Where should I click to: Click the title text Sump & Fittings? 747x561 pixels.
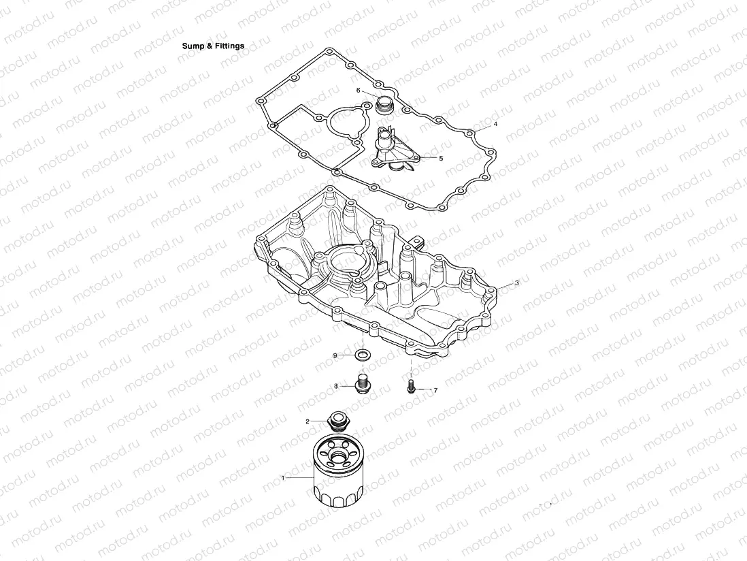tap(213, 46)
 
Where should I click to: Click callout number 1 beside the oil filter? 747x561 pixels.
tap(283, 478)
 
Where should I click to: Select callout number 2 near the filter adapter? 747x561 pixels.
tap(307, 421)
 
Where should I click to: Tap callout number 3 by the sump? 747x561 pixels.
tap(516, 282)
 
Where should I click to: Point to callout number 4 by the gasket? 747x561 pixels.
tap(495, 125)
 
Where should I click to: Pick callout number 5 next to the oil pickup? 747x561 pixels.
tap(441, 158)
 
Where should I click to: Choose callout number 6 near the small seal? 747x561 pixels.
tap(358, 90)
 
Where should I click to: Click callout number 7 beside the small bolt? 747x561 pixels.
tap(435, 390)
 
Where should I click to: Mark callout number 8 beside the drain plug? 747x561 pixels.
tap(335, 386)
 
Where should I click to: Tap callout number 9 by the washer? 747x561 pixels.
tap(335, 355)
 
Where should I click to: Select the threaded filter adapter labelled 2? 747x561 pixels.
tap(337, 421)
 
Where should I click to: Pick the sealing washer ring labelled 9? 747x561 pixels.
tap(363, 355)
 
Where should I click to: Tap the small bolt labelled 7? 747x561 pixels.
tap(411, 387)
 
